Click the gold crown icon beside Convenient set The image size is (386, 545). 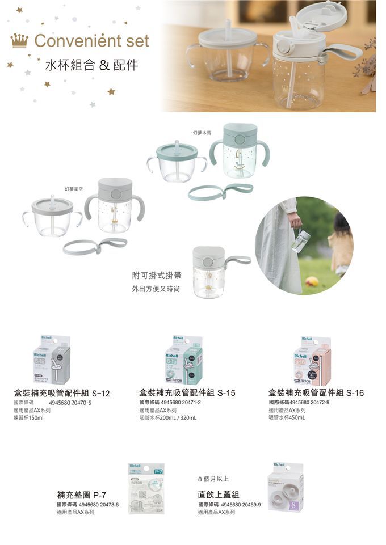19,41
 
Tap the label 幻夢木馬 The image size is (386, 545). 202,132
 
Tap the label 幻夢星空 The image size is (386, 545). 74,188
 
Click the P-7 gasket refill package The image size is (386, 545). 146,488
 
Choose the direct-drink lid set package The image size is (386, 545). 285,486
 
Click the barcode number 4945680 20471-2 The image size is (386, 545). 183,402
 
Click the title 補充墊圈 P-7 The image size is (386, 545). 82,495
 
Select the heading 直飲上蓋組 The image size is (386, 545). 219,495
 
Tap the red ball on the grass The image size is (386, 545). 312,282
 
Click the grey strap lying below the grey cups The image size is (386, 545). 95,246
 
